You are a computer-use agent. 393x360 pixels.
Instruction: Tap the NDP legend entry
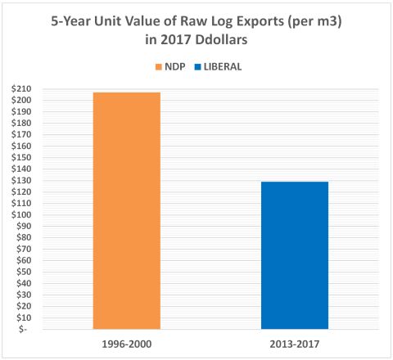click(x=165, y=62)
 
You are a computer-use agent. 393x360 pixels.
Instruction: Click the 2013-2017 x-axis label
click(x=295, y=343)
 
